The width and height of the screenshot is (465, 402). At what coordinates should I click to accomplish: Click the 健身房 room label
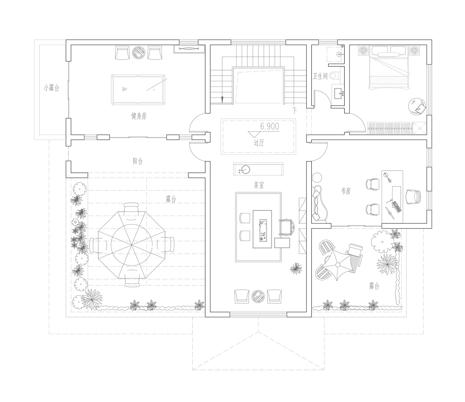click(x=139, y=116)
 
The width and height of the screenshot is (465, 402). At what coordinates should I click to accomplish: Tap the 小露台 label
click(x=51, y=87)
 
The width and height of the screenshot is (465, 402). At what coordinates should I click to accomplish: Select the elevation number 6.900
click(x=269, y=127)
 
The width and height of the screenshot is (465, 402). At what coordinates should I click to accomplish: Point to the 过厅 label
click(x=259, y=143)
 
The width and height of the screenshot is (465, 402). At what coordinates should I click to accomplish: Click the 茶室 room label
click(x=259, y=185)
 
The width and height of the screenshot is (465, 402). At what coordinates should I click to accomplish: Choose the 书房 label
click(x=346, y=191)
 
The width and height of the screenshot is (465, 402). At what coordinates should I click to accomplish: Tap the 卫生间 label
click(x=320, y=76)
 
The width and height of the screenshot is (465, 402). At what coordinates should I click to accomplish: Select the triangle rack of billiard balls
click(x=125, y=89)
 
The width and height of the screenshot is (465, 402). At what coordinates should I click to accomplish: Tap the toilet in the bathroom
click(x=335, y=75)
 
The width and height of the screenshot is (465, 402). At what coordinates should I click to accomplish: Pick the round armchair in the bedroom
click(x=417, y=106)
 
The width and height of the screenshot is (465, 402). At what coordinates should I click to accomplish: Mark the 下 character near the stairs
click(x=294, y=110)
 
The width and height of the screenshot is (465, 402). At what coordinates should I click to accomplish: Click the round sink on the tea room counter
click(x=245, y=170)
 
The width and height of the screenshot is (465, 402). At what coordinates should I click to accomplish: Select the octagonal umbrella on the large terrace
click(x=132, y=244)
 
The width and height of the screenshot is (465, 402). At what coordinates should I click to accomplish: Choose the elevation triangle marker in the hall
click(x=254, y=134)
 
